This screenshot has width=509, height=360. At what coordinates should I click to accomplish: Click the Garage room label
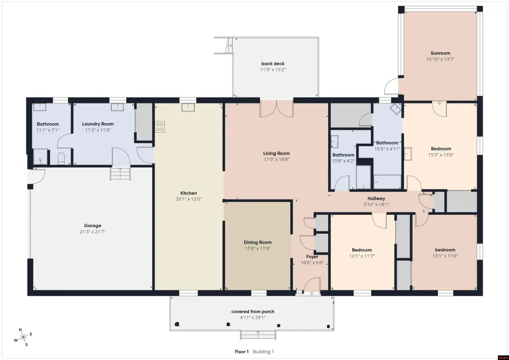tap(92, 226)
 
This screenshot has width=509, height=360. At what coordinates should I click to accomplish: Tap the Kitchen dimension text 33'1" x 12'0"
tap(188, 199)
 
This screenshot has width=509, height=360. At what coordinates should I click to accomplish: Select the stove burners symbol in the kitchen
tap(160, 127)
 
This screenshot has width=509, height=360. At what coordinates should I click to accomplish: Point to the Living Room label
tap(276, 153)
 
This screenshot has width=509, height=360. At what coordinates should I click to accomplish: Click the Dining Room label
tap(258, 242)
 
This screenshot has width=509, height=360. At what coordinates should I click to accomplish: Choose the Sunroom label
tap(440, 53)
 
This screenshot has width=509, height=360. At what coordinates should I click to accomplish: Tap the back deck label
tap(273, 64)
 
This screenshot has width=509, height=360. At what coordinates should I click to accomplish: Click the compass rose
tap(23, 338)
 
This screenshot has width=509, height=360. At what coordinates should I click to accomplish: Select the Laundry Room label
tap(98, 124)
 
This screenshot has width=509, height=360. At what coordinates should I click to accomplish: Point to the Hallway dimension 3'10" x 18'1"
tap(377, 204)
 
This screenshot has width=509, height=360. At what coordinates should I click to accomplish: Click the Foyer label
tap(312, 257)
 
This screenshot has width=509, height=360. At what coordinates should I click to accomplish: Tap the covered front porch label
tap(253, 311)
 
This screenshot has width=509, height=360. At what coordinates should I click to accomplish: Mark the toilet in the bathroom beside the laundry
tap(61, 159)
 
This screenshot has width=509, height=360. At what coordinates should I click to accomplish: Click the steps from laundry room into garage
tap(120, 174)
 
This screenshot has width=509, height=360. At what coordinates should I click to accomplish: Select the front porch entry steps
tap(258, 335)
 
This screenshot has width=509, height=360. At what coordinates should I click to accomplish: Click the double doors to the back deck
tap(276, 109)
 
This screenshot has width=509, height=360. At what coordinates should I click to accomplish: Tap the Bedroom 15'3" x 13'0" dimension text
tap(441, 155)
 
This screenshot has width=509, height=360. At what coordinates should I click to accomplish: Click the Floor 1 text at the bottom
tap(242, 352)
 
